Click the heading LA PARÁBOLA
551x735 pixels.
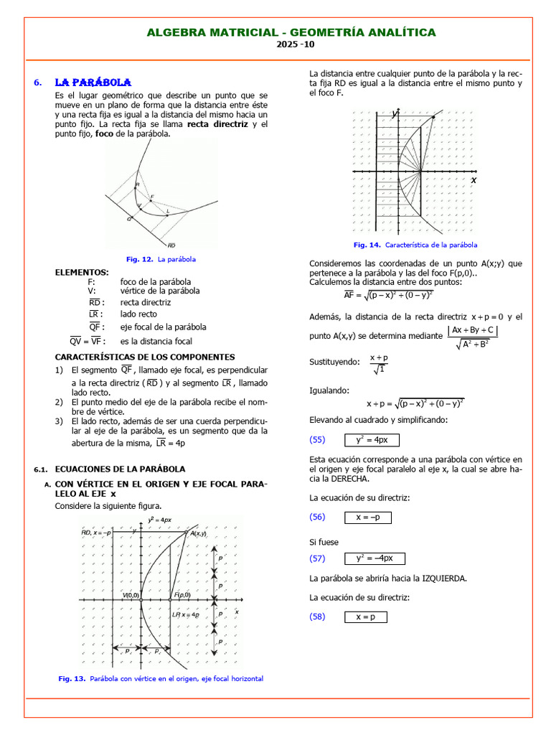(x=93, y=83)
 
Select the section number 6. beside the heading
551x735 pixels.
(x=38, y=83)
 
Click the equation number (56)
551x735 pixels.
(x=317, y=517)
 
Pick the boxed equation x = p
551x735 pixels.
(x=365, y=617)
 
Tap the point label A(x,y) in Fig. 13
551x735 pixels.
(x=197, y=533)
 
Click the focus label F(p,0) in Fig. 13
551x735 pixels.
(x=182, y=595)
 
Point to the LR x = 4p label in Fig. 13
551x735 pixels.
(x=185, y=615)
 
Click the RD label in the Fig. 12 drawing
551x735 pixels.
(x=171, y=245)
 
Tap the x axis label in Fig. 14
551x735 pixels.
(x=474, y=181)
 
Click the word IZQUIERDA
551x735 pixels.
(x=444, y=578)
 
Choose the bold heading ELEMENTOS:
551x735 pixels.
(x=83, y=272)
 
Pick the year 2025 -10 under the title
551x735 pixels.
(x=296, y=45)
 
